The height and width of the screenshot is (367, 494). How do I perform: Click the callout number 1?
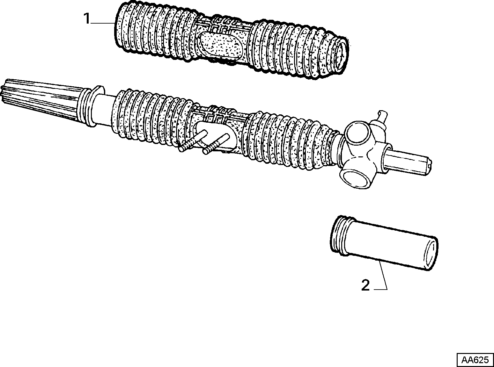87,18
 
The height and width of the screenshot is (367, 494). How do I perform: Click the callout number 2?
365,285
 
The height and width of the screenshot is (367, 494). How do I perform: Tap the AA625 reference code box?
475,360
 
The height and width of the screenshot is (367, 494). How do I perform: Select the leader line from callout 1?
102,23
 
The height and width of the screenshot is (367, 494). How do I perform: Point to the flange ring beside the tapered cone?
96,106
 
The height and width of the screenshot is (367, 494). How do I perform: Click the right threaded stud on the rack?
216,144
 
